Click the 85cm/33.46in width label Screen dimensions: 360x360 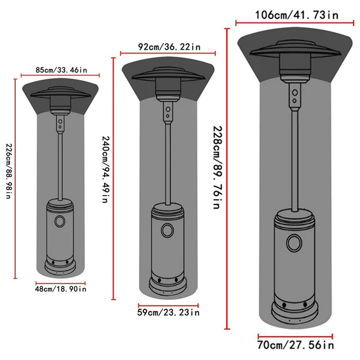(x=61, y=70)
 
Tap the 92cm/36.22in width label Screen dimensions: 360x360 (x=169, y=47)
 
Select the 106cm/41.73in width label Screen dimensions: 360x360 (x=296, y=15)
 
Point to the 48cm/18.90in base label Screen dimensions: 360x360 (x=61, y=289)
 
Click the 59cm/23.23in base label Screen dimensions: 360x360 (x=169, y=312)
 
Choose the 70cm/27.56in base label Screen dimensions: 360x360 (x=295, y=345)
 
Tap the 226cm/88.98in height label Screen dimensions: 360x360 (x=9, y=171)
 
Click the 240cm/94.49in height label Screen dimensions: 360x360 (x=106, y=169)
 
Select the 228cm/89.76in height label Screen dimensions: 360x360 (x=218, y=168)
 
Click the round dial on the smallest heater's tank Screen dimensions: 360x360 (x=60, y=221)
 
